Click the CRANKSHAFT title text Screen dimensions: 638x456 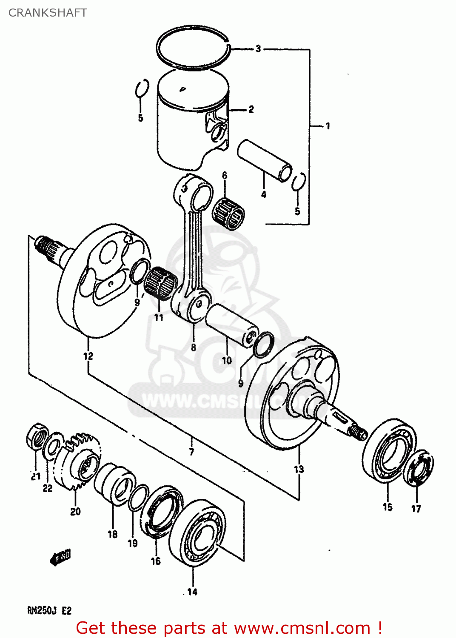pyautogui.click(x=48, y=13)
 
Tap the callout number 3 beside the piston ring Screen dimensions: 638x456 pyautogui.click(x=258, y=49)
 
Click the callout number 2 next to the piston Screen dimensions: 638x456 pyautogui.click(x=251, y=110)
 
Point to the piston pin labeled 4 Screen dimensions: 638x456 pyautogui.click(x=264, y=161)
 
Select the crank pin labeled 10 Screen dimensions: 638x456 pyautogui.click(x=232, y=325)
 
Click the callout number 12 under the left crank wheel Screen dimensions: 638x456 pyautogui.click(x=88, y=356)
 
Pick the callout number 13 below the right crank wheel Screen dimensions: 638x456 pyautogui.click(x=299, y=469)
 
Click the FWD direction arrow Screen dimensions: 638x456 pyautogui.click(x=61, y=557)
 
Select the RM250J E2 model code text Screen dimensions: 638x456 pyautogui.click(x=49, y=611)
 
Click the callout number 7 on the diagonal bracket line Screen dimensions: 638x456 pyautogui.click(x=192, y=452)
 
